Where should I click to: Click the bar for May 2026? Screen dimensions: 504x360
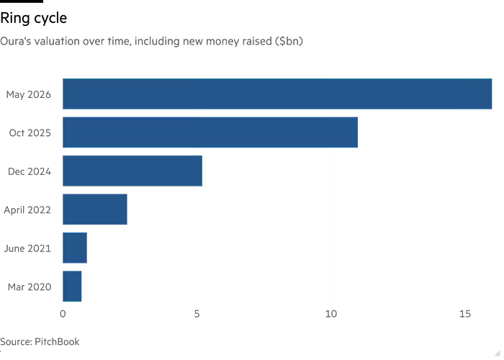click(x=277, y=94)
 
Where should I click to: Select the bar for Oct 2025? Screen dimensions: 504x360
click(x=210, y=132)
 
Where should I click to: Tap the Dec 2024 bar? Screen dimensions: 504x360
click(x=132, y=171)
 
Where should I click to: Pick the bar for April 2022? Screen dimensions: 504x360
click(x=95, y=210)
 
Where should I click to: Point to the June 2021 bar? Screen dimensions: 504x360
click(x=75, y=248)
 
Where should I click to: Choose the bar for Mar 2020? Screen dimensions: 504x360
click(x=72, y=287)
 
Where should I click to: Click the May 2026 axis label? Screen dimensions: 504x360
click(x=29, y=94)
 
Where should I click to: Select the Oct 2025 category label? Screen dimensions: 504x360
click(x=30, y=132)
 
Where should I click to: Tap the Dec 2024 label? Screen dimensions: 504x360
click(x=30, y=171)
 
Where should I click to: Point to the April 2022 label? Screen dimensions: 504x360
click(x=27, y=210)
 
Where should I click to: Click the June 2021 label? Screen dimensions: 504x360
click(x=27, y=248)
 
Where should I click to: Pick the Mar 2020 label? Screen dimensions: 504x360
click(x=30, y=287)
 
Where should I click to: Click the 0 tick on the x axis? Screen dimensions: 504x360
click(x=63, y=314)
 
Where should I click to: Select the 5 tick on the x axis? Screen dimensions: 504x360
click(x=197, y=314)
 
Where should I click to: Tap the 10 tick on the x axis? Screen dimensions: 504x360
click(x=331, y=314)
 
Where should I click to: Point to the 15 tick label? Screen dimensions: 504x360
click(x=465, y=314)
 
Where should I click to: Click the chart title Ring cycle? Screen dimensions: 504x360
click(x=34, y=18)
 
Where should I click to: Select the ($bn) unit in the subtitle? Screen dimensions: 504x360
click(x=289, y=42)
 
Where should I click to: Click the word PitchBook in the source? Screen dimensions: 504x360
click(x=57, y=342)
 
